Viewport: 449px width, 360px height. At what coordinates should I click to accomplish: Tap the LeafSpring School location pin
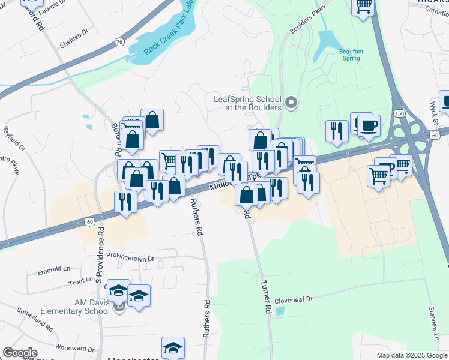click(x=291, y=103)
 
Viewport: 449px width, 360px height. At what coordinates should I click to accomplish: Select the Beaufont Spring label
click(x=343, y=56)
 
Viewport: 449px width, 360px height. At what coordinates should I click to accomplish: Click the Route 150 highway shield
click(x=400, y=113)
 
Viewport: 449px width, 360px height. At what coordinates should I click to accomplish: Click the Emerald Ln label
click(x=54, y=271)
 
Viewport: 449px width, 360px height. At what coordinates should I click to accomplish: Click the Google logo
click(x=20, y=353)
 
